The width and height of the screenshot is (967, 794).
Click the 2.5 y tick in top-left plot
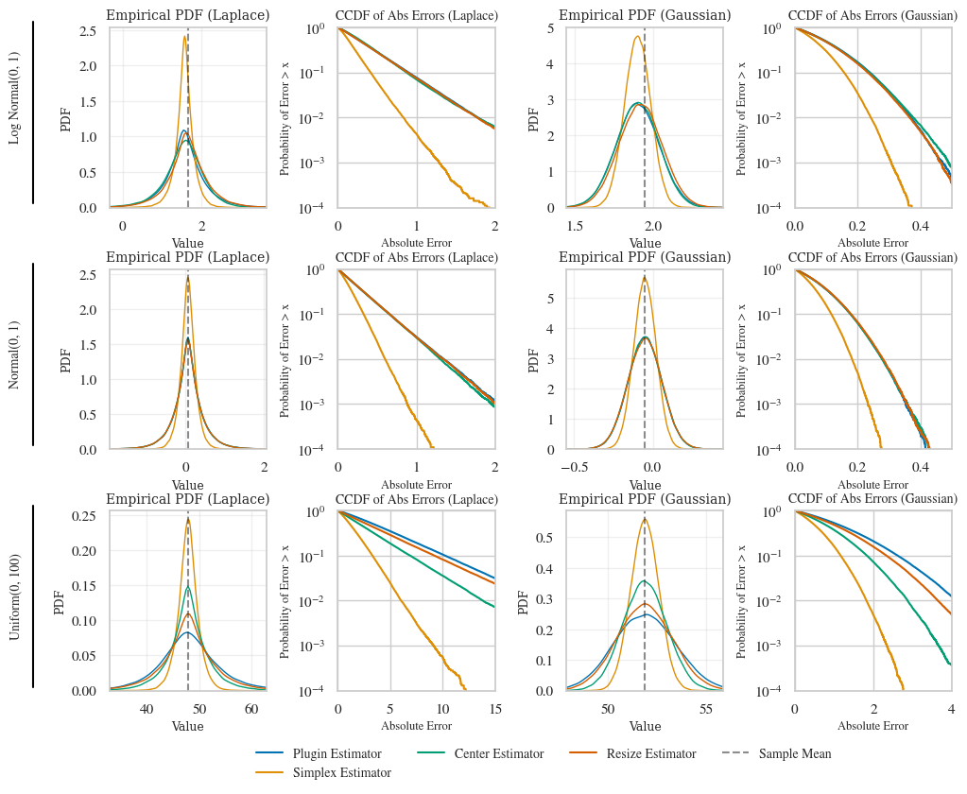[x=88, y=31]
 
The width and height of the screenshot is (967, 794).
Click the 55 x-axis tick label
[x=706, y=709]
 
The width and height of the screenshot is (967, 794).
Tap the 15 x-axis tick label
[x=494, y=709]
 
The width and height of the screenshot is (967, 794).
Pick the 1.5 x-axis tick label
[x=575, y=226]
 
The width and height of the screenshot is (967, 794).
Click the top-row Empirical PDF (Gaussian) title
[x=645, y=15]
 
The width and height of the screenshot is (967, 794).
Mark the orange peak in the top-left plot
[x=184, y=37]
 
